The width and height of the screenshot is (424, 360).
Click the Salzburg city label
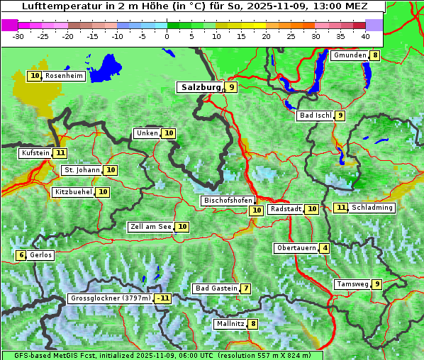201,87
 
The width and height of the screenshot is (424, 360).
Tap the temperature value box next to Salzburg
232,87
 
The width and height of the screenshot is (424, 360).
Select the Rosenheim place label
64,76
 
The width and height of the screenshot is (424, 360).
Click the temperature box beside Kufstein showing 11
60,152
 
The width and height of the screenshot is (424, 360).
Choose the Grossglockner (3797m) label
111,298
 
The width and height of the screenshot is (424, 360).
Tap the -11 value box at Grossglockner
163,298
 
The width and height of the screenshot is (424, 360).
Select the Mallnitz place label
230,324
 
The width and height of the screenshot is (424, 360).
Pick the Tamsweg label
352,284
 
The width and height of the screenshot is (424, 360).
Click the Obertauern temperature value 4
324,248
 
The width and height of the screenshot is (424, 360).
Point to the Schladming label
372,208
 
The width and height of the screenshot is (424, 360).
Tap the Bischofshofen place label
228,201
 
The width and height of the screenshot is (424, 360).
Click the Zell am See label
151,227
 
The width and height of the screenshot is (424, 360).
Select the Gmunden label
350,55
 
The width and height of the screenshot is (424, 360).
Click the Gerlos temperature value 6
21,255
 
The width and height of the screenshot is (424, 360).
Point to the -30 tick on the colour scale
18,35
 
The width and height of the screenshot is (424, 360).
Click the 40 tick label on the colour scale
365,35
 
